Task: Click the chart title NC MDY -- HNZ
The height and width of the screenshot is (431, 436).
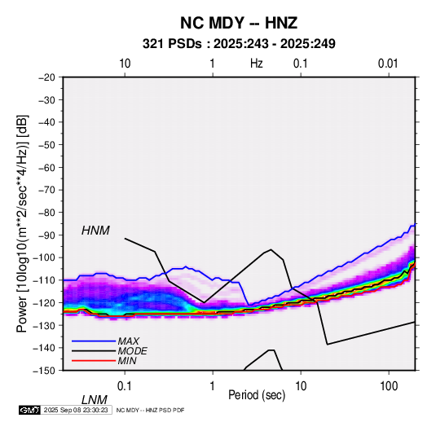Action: (239, 23)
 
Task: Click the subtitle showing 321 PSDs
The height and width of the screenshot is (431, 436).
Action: (239, 44)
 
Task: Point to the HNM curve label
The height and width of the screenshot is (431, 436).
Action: (95, 231)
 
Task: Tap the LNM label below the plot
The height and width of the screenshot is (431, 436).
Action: (95, 400)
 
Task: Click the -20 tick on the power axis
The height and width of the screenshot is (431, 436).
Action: (46, 77)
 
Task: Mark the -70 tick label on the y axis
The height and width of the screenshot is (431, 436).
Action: (46, 190)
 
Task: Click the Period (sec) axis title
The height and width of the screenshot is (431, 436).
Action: (257, 395)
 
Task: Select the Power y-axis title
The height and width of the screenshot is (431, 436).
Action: (22, 223)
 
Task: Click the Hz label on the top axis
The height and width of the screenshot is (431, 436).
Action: (257, 64)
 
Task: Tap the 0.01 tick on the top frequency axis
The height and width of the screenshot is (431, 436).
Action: (388, 64)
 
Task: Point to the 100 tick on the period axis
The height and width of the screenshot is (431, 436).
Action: (389, 386)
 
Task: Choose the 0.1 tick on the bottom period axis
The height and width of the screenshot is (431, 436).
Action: (124, 386)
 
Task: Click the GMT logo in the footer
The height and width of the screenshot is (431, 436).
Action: (29, 410)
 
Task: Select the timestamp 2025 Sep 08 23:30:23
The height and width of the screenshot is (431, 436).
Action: (76, 410)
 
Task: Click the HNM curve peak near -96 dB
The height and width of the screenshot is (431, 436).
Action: (271, 249)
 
